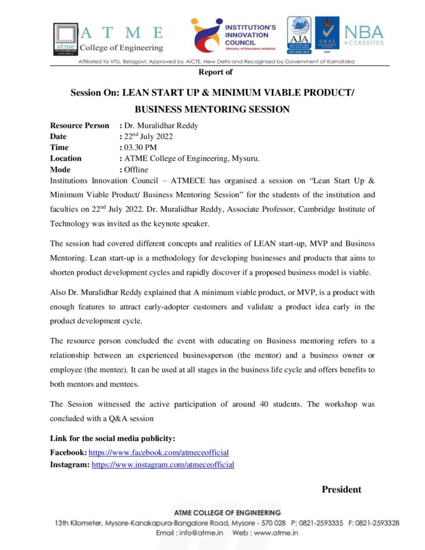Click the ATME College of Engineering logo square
click(x=65, y=38)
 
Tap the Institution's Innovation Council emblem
click(x=206, y=35)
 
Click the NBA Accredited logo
click(x=364, y=35)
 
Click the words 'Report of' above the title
click(x=215, y=72)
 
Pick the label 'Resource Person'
click(x=80, y=126)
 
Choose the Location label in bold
click(x=66, y=158)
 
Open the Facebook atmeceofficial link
click(x=159, y=453)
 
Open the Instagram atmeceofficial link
click(x=163, y=465)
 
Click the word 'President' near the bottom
click(x=341, y=489)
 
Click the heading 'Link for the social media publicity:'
click(x=113, y=438)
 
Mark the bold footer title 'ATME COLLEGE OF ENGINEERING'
click(x=227, y=512)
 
